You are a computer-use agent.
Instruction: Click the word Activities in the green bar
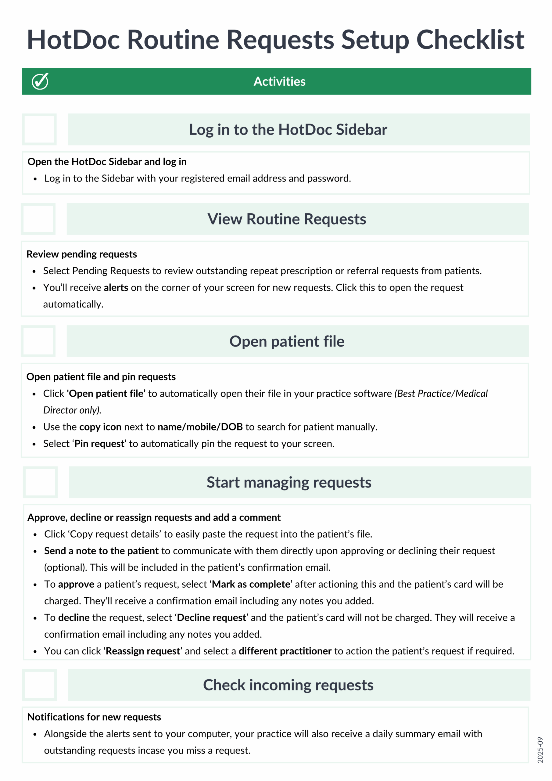(x=279, y=82)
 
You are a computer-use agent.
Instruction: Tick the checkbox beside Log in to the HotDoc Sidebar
(x=39, y=130)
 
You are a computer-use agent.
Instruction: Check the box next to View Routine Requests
(x=38, y=219)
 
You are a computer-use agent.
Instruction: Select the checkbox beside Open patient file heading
(x=38, y=341)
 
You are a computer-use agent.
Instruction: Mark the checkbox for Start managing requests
(x=41, y=482)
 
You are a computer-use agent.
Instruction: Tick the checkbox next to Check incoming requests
(x=40, y=685)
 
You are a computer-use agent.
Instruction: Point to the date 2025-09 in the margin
(x=540, y=750)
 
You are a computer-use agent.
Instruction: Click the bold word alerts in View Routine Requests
(x=116, y=288)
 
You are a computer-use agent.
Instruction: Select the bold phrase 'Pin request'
(x=99, y=444)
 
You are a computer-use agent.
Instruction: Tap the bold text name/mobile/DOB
(x=200, y=427)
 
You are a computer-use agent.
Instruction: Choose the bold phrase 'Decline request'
(x=212, y=618)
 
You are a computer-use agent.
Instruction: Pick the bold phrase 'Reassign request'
(x=142, y=651)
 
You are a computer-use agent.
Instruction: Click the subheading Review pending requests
(x=82, y=254)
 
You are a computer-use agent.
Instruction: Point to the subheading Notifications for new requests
(x=94, y=717)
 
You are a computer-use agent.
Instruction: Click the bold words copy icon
(x=100, y=427)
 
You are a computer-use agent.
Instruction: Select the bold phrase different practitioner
(x=285, y=651)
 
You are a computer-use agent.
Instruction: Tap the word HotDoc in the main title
(x=73, y=40)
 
